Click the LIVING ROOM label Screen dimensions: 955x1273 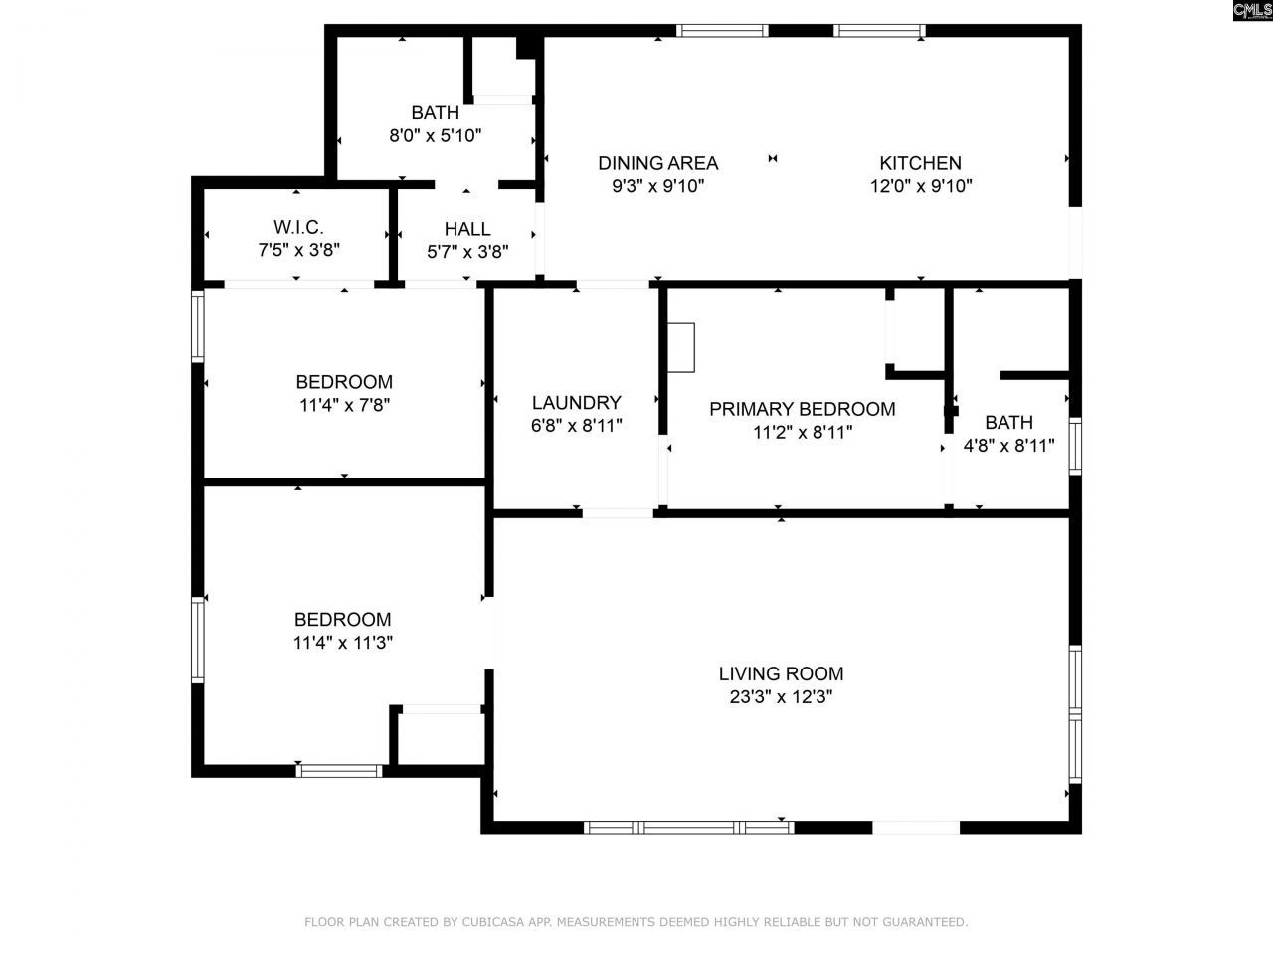781,673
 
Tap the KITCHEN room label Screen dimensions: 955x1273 920,163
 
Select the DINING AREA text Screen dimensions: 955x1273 657,163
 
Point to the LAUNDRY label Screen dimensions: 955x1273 576,402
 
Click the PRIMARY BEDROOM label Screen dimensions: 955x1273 802,409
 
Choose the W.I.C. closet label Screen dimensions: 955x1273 298,227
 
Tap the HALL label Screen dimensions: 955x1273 467,229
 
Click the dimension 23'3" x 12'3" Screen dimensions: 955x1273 781,697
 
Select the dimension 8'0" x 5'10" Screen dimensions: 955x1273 435,136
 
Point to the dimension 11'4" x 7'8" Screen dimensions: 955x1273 344,405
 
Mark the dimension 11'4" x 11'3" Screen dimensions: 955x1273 342,643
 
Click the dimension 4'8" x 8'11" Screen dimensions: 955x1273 1008,446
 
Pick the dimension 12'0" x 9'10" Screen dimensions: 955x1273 920,186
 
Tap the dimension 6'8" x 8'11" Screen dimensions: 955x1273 576,426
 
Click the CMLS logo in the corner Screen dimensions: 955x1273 1251,11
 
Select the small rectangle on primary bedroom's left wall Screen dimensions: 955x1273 681,347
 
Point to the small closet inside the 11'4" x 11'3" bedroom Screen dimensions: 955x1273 438,738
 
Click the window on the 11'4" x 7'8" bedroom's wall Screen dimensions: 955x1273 198,326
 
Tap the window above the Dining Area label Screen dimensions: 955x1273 722,31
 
